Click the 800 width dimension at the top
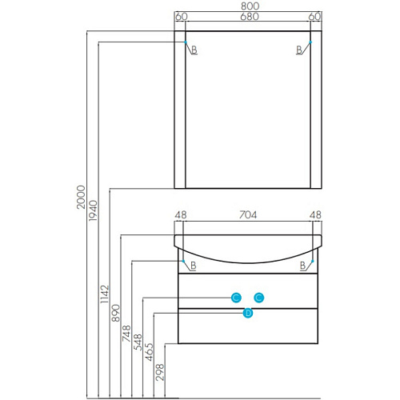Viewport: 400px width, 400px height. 250,6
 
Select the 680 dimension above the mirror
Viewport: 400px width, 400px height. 250,17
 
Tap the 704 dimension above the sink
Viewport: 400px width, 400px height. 248,214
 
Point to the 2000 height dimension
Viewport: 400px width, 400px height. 81,198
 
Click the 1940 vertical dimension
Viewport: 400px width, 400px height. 93,210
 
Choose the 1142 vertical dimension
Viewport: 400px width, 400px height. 105,294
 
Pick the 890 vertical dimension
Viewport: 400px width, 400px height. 116,313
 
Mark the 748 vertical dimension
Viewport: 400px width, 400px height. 126,334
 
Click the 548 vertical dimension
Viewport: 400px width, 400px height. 138,342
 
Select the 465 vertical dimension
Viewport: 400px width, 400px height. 149,352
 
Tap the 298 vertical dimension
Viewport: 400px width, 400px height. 160,372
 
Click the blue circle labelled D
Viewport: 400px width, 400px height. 248,313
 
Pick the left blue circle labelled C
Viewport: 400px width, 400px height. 236,298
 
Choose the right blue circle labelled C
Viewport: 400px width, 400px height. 259,298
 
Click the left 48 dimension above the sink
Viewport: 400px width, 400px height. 181,214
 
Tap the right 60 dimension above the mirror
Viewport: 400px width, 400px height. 314,17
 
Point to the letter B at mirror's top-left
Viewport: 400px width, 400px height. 194,50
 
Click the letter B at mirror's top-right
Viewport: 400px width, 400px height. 299,50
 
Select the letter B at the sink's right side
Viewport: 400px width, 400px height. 302,266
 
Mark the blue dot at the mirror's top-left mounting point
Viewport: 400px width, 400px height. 186,42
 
